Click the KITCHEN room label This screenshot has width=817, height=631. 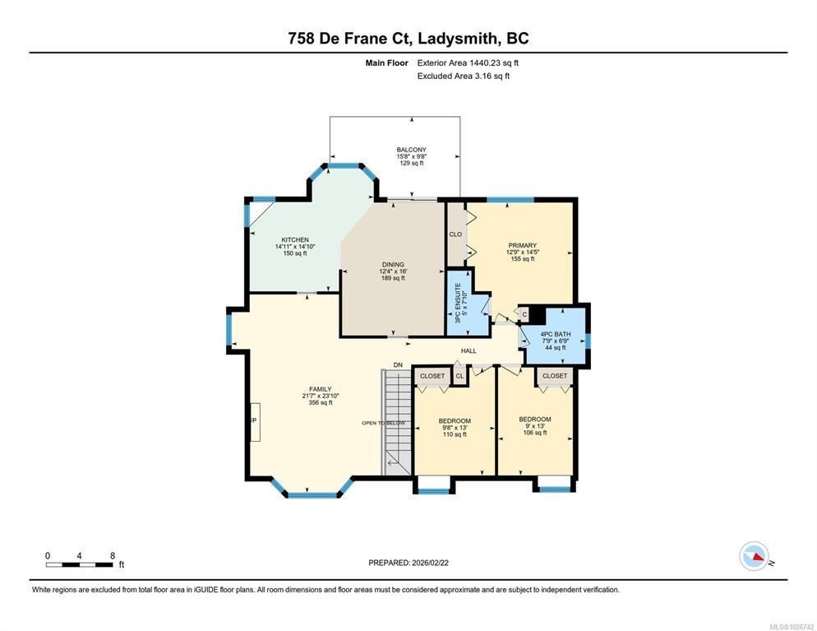pos(295,240)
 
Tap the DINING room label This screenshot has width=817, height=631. pos(393,264)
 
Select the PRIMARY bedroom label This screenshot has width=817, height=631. pos(523,245)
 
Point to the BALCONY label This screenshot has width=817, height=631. pos(412,150)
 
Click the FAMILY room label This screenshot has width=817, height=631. pos(321,389)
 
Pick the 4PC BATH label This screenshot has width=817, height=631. pos(556,334)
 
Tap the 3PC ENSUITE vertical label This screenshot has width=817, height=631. pos(459,303)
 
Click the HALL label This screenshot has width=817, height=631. pos(469,351)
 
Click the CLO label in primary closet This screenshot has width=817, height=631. pos(455,234)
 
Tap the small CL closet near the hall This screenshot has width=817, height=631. pos(459,376)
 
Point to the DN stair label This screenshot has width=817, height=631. pos(398,365)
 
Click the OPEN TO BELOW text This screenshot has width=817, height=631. pos(384,423)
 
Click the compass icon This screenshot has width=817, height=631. pos(755,556)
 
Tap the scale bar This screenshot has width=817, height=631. pos(79,564)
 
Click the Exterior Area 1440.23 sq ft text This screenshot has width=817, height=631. pos(468,63)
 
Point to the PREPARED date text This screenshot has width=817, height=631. pos(408,563)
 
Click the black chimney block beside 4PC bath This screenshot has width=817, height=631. pos(538,315)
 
